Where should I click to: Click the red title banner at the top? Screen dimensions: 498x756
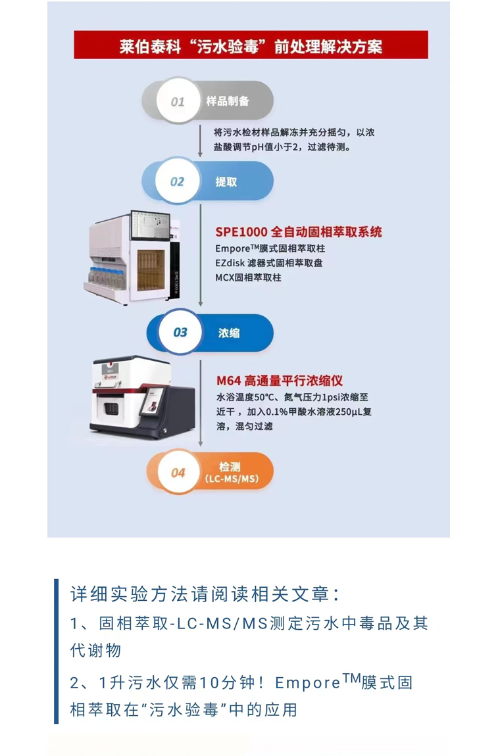pos(251,45)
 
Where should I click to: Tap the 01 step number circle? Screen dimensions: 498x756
pos(178,101)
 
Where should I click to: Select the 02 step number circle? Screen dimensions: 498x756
pos(178,181)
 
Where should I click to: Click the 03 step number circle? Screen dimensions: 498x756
pos(180,332)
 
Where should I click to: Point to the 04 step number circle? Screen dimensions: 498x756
pos(178,473)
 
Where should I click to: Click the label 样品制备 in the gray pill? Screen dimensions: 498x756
pos(228,101)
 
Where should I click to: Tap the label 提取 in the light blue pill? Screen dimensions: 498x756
pos(226,181)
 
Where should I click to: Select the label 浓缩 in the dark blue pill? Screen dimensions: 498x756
pos(229,333)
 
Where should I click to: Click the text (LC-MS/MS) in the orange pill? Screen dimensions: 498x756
pos(232,479)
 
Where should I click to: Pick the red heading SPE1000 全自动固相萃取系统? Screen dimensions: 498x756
pos(299,232)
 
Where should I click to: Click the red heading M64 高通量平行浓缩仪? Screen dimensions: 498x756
pos(280,381)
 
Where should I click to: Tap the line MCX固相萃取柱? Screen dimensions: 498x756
pos(248,277)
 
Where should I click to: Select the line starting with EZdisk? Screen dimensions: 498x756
pos(269,263)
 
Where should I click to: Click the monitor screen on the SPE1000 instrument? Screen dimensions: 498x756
pos(151,225)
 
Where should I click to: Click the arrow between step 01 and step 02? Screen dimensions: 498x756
pos(200,141)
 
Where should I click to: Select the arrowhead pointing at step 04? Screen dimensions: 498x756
pos(200,443)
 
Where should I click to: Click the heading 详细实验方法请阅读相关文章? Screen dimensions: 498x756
pos(205,594)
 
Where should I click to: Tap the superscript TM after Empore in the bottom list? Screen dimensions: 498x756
pos(352,678)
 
